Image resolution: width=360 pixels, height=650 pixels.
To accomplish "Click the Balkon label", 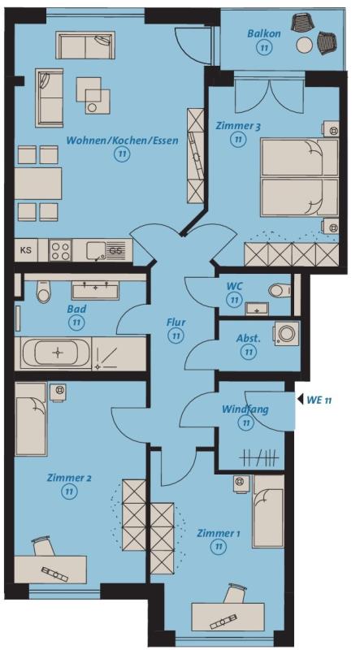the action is point(264,33).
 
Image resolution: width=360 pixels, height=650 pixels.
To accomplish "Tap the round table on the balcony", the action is point(306,45).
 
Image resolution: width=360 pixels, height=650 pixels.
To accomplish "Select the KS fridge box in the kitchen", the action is point(26,250).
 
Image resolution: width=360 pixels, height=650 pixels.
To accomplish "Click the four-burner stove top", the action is point(60,250).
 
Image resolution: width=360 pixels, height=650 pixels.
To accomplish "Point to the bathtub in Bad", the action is point(56,353).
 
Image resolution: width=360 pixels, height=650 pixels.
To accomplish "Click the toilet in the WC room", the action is point(279,290).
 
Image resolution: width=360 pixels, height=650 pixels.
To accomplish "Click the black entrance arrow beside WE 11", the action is point(299,400).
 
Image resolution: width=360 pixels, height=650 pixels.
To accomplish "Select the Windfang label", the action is point(245,409).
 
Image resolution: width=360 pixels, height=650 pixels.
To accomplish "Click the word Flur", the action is point(176,322).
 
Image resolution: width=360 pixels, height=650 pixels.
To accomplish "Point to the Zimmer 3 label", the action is point(238,126).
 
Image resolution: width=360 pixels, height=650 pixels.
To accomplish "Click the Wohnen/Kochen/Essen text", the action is point(123,141).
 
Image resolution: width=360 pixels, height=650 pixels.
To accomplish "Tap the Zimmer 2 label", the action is point(69,479).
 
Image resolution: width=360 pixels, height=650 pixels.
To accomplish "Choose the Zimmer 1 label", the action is point(218,533).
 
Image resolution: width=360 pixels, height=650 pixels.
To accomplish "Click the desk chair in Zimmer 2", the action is point(44,546).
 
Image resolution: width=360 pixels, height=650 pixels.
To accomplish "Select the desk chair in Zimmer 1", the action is point(234,593).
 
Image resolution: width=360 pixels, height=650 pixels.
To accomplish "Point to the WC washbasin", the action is point(257,309).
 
